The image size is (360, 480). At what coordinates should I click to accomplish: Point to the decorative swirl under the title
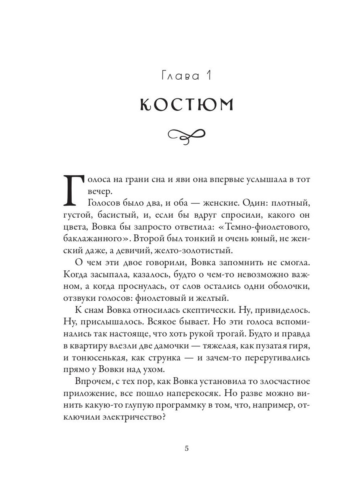pyautogui.click(x=186, y=136)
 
